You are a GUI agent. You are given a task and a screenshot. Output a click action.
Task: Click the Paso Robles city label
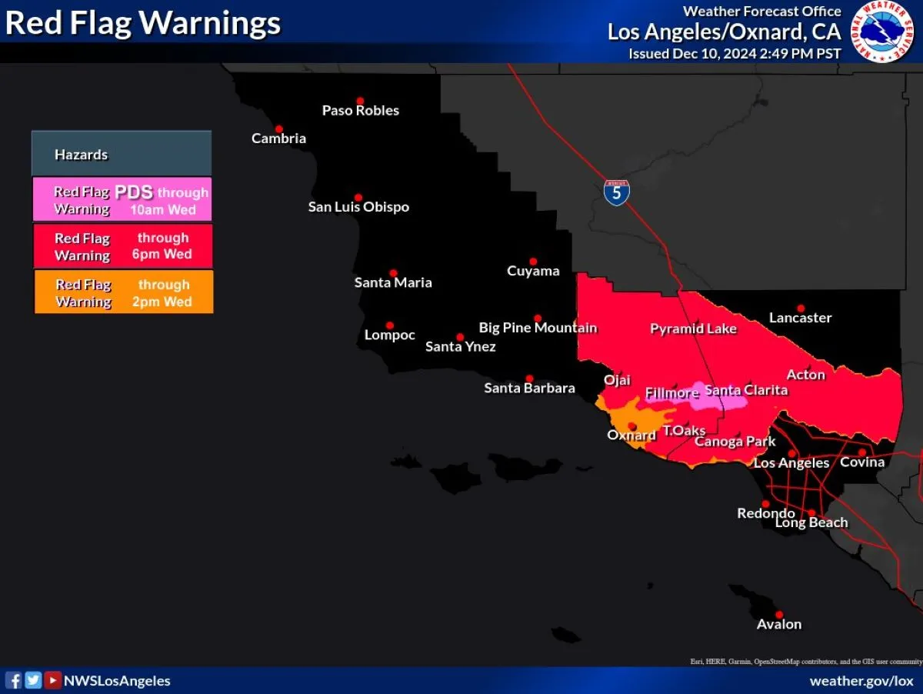coord(360,111)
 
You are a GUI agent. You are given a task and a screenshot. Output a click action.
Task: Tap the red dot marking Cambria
coord(279,129)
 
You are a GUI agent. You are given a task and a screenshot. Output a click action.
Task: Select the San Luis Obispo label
coord(358,207)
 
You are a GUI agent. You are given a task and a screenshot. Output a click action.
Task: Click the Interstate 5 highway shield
coord(616,192)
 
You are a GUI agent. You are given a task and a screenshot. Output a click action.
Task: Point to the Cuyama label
coord(533,271)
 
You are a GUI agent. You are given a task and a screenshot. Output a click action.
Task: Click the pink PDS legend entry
coord(122,200)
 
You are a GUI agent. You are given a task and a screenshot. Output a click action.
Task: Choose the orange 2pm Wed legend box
coord(124,292)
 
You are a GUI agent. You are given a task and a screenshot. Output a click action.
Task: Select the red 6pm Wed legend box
coord(123,246)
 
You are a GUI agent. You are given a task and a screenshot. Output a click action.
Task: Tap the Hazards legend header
coord(122,154)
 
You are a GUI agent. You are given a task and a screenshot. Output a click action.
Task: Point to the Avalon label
coord(778,625)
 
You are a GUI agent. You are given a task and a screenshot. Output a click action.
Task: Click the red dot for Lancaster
coord(801,308)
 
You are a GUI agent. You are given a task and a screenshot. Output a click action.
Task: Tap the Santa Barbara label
coord(529,389)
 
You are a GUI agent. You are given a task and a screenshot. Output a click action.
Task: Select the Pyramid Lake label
coord(693,329)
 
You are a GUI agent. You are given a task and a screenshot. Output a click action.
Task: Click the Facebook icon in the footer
coord(14,680)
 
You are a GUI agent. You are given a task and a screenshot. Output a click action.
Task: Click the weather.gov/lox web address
coord(861,681)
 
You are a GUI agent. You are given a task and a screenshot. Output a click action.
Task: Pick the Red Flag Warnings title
coord(143,23)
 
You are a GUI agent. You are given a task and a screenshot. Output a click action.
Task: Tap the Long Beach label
coord(811,523)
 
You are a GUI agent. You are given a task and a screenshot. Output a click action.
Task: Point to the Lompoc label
coord(389,335)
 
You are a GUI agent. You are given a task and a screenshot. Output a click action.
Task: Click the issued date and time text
coord(735,54)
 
